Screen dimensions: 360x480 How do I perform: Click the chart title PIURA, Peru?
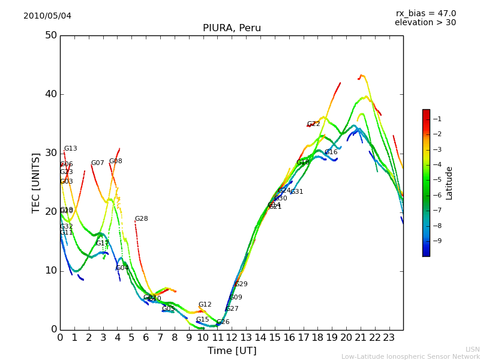[232, 28]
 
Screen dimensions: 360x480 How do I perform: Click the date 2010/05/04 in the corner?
[47, 16]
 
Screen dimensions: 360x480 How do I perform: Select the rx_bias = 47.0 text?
[425, 13]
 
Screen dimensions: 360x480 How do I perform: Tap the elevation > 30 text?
[425, 23]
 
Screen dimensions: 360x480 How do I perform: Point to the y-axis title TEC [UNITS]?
[36, 182]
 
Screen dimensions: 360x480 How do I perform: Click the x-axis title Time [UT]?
[232, 350]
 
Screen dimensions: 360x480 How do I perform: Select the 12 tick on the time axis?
[232, 338]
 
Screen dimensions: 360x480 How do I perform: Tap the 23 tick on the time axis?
[389, 338]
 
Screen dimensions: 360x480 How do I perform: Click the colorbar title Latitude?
[449, 183]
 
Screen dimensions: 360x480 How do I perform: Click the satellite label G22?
[314, 124]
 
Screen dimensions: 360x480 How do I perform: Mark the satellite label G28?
[141, 219]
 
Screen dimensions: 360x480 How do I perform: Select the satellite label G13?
[71, 149]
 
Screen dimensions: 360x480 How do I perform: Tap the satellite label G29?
[241, 284]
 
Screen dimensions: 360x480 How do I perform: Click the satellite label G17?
[103, 244]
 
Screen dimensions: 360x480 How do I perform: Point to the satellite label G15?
[202, 320]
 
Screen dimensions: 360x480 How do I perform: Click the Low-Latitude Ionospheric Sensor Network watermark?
[410, 356]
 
